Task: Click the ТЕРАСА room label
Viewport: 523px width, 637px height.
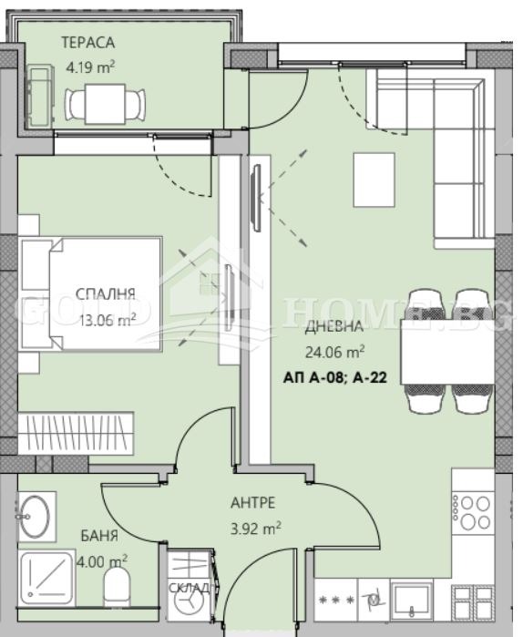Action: pos(88,41)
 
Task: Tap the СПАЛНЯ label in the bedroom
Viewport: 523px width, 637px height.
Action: pos(106,293)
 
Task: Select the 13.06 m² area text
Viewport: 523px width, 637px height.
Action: pos(108,318)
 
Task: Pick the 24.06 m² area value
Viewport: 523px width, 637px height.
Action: pos(334,349)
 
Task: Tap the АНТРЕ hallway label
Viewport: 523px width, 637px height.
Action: pos(253,502)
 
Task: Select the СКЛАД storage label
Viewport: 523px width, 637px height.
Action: pos(190,588)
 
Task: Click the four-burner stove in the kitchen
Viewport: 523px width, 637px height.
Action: pos(475,512)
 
